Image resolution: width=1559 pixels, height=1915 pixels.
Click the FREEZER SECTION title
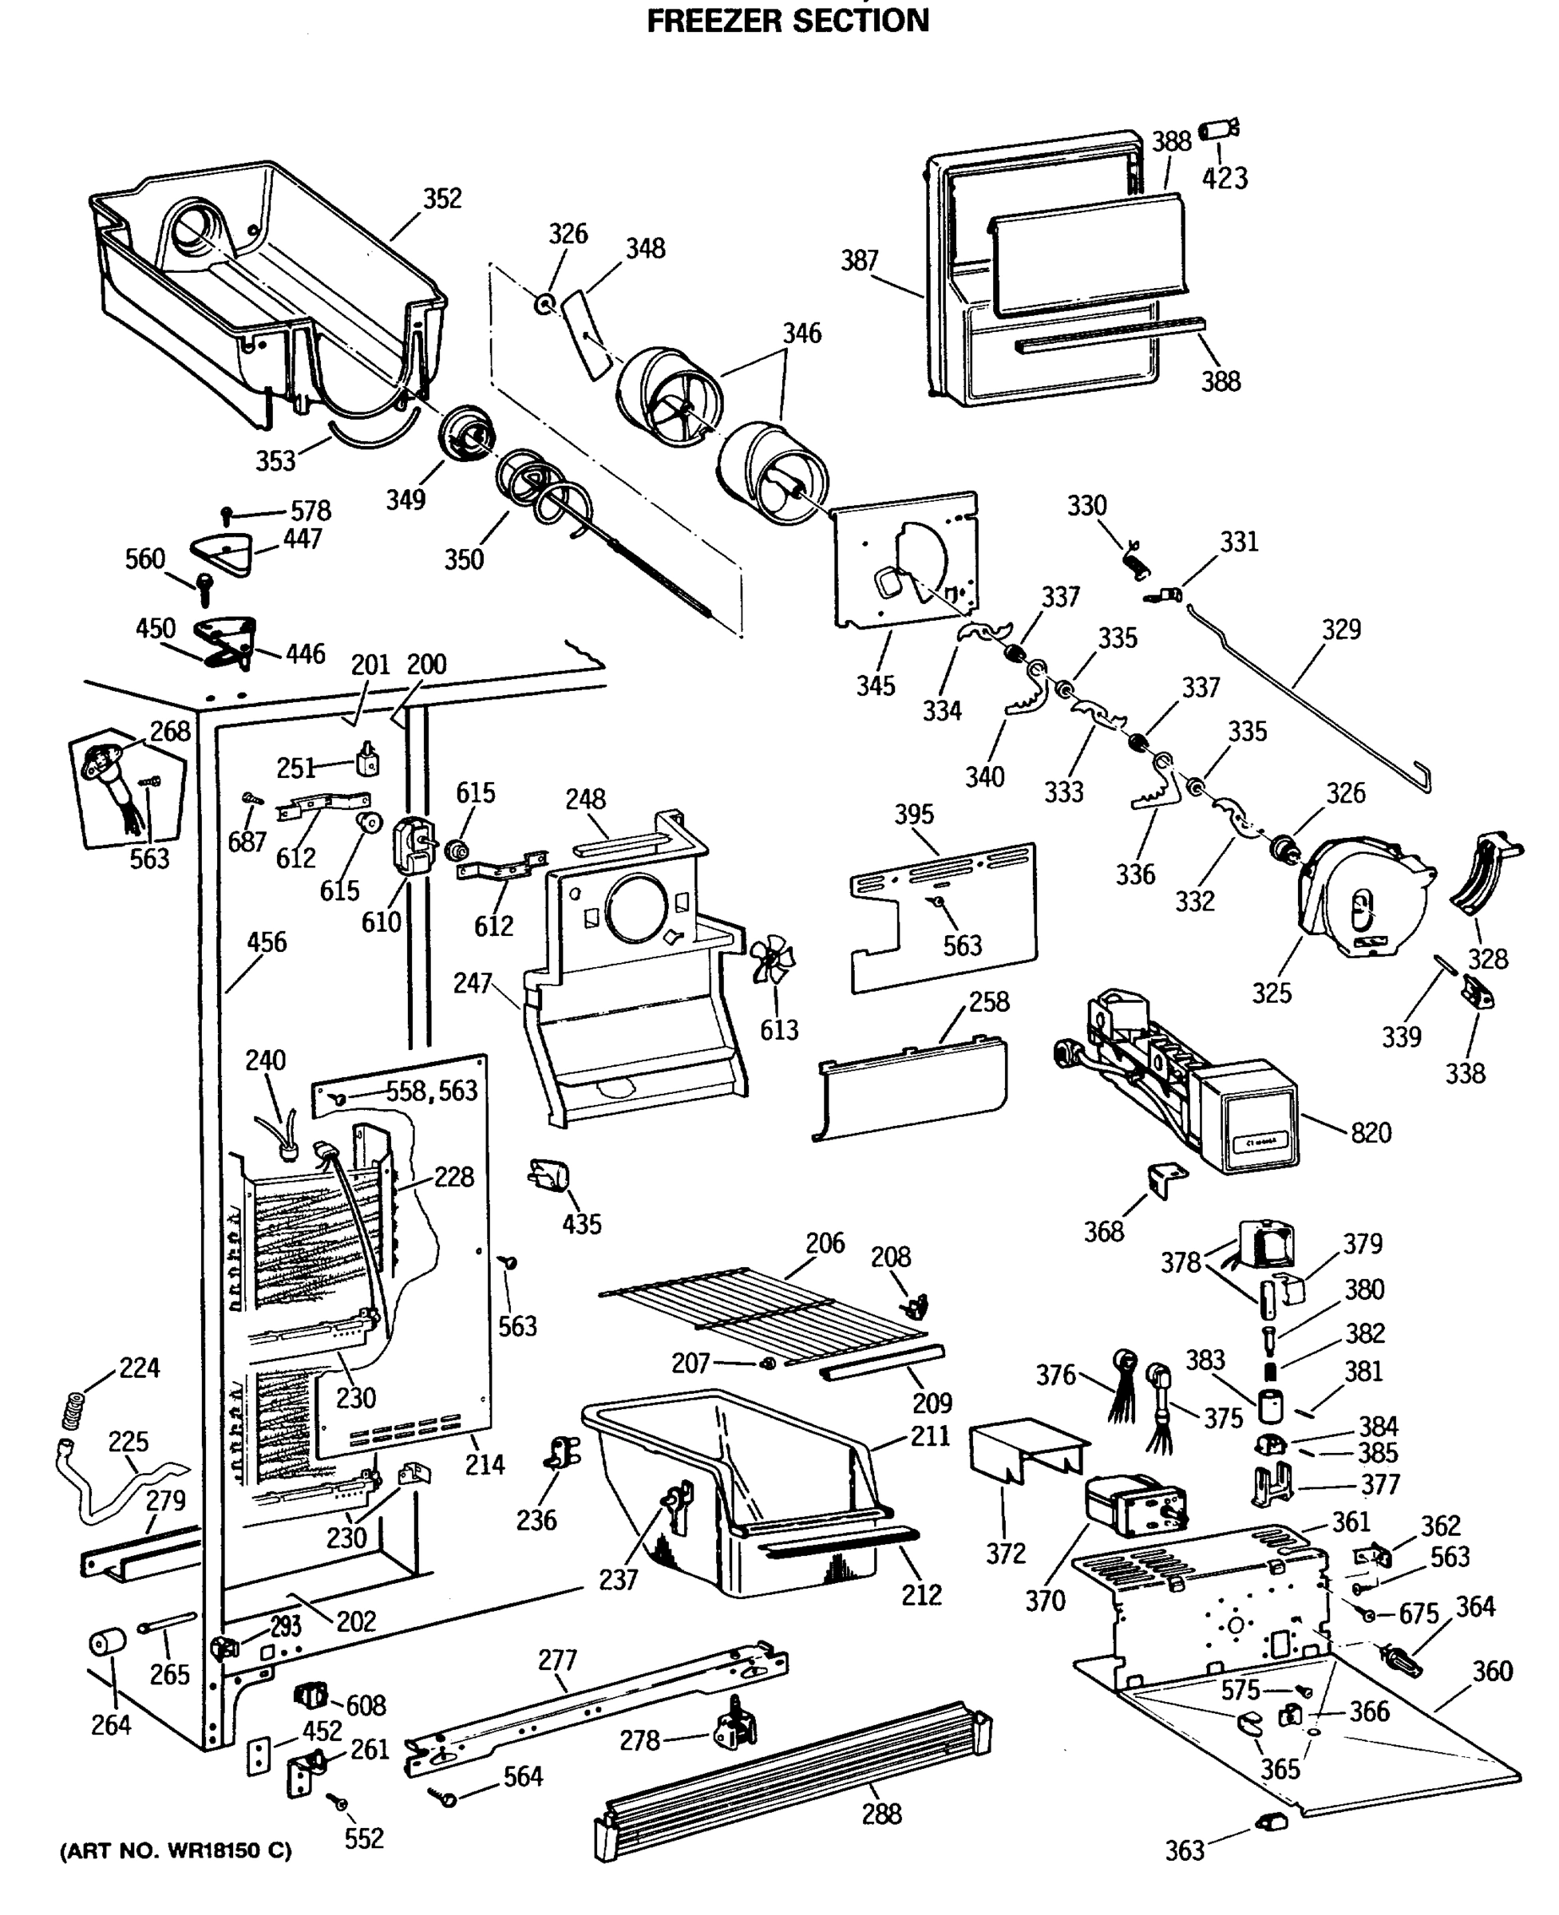pyautogui.click(x=788, y=20)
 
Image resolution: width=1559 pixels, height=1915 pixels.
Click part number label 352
pyautogui.click(x=442, y=199)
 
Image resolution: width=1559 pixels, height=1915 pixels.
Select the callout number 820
pyautogui.click(x=1371, y=1133)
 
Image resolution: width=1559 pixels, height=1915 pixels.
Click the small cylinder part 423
pyautogui.click(x=1219, y=129)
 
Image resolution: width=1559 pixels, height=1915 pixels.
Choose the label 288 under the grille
pyautogui.click(x=881, y=1814)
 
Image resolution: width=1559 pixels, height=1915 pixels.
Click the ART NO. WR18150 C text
pyautogui.click(x=175, y=1851)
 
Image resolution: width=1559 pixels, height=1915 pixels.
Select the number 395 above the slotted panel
pyautogui.click(x=914, y=815)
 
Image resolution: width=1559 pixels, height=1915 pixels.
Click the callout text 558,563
pyautogui.click(x=432, y=1091)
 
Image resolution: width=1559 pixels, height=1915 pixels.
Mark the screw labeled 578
pyautogui.click(x=228, y=515)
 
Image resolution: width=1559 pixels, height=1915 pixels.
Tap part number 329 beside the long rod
pyautogui.click(x=1341, y=630)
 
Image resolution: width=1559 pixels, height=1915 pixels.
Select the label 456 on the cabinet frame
pyautogui.click(x=267, y=942)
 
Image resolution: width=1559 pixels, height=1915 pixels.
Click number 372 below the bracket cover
pyautogui.click(x=1005, y=1554)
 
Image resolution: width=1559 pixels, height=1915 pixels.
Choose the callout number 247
pyautogui.click(x=473, y=983)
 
